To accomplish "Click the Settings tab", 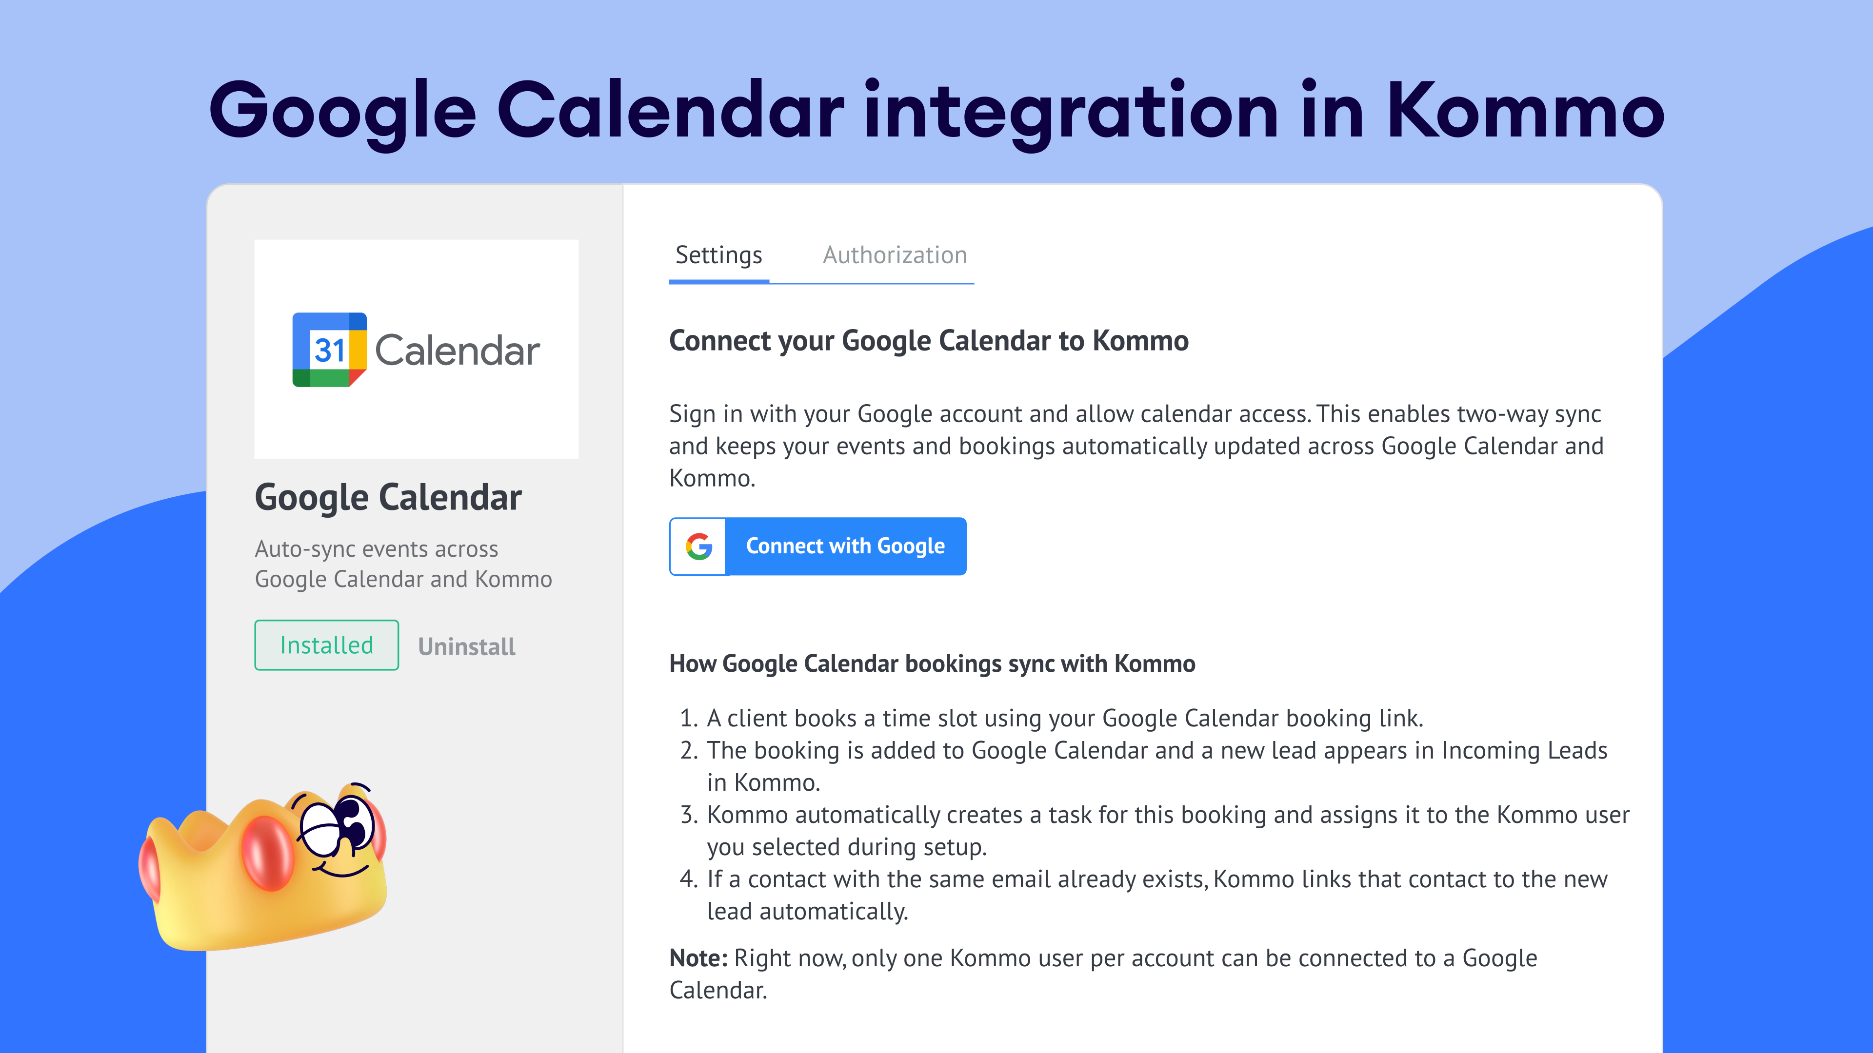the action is [718, 256].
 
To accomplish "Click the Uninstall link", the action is [467, 647].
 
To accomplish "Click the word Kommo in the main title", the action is [1525, 111].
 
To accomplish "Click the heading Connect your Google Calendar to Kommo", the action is [929, 341].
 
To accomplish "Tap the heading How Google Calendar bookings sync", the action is [932, 663].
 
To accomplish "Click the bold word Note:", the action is [698, 958].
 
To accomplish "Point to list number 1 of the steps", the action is [688, 718].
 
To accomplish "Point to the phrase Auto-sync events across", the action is [377, 549].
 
